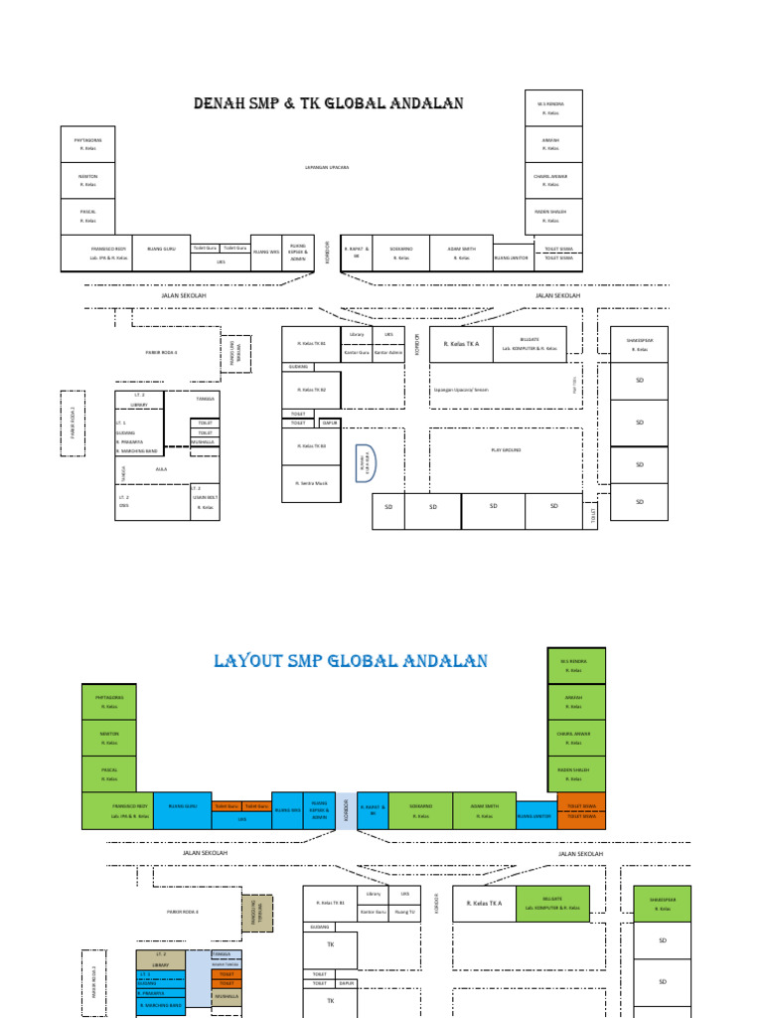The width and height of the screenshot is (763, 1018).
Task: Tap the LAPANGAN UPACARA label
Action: [327, 167]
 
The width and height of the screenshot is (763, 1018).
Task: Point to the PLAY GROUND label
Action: [506, 450]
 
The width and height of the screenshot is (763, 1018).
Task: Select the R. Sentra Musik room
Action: [311, 483]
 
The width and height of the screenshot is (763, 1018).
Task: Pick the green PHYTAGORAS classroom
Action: [109, 701]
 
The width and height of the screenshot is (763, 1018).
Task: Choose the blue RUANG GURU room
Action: [182, 810]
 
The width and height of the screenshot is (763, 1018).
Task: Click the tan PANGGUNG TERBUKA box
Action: [256, 912]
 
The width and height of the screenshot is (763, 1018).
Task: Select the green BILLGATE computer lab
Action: [553, 903]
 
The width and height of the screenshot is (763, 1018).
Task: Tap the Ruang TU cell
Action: [404, 911]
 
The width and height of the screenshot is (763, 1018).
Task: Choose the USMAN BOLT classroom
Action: [206, 502]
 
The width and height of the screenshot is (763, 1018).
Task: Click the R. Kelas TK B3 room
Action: [311, 446]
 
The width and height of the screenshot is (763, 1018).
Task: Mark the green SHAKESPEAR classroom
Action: [661, 903]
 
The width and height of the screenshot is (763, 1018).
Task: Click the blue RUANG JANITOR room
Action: [535, 817]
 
